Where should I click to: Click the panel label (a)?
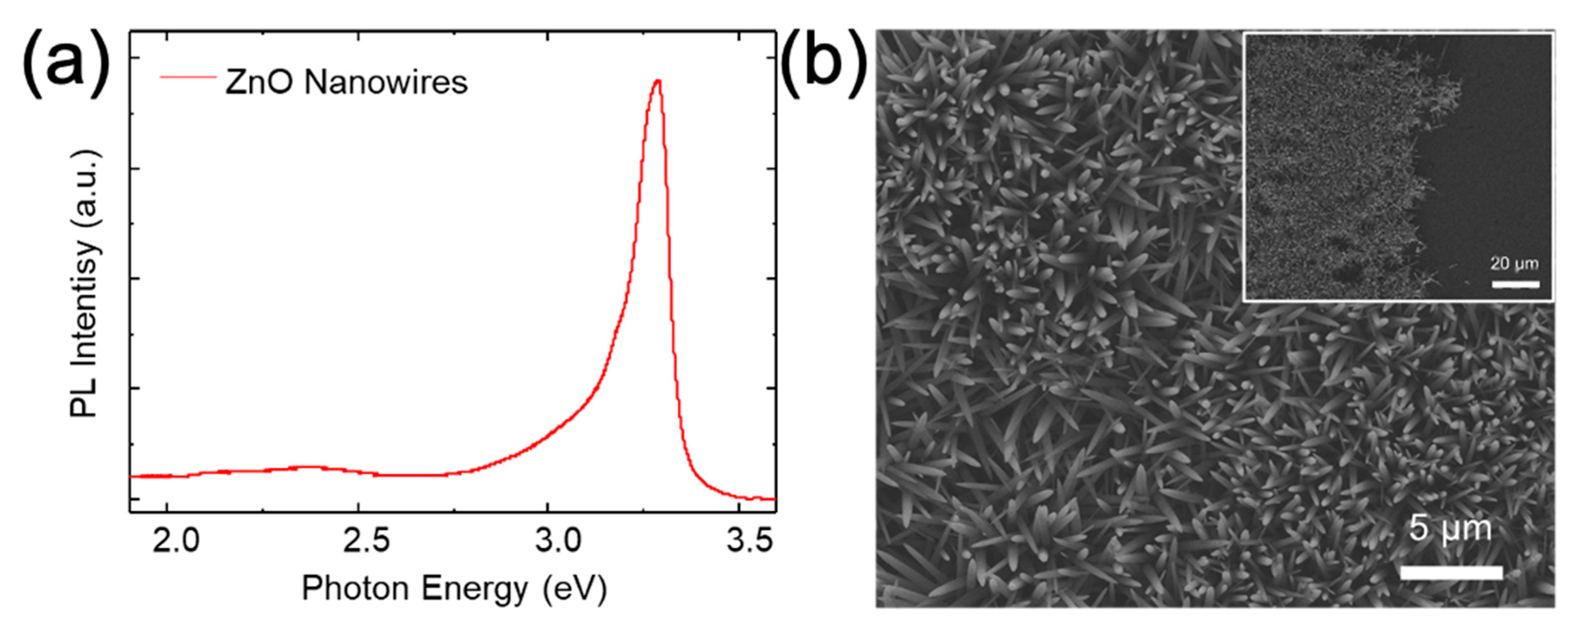pos(66,63)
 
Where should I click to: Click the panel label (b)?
pos(824,63)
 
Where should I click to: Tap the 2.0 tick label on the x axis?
pos(176,541)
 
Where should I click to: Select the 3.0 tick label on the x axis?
pos(557,541)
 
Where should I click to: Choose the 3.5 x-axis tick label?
pos(748,541)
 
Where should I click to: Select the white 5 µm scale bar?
pos(1451,573)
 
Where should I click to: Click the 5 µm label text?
pos(1450,528)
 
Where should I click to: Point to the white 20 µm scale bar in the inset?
pos(1515,284)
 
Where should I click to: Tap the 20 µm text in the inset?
pos(1514,264)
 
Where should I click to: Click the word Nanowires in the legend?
pos(386,82)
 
